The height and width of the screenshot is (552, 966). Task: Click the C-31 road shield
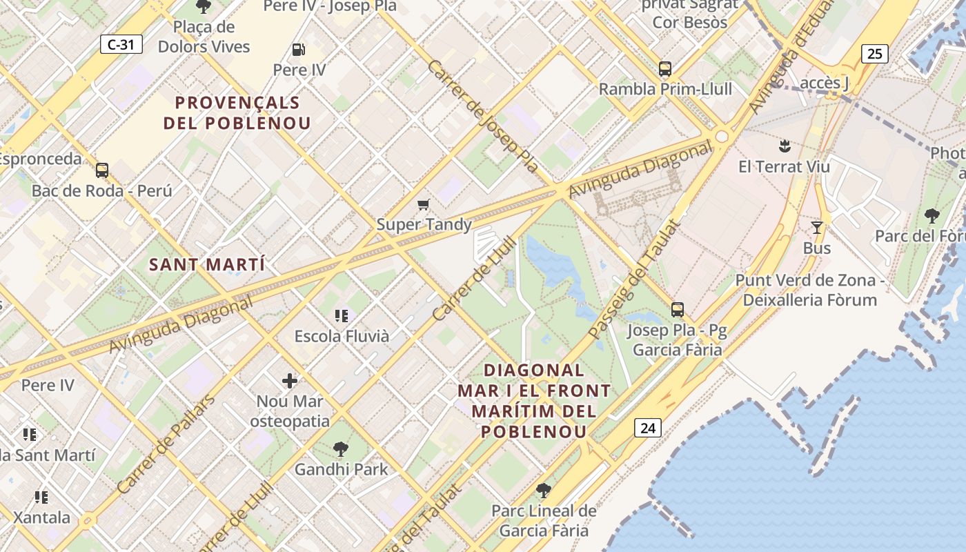click(121, 45)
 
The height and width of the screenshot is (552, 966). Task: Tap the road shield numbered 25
click(874, 53)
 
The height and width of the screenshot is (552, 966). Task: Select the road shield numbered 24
click(647, 428)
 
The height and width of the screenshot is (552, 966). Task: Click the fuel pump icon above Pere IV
click(299, 50)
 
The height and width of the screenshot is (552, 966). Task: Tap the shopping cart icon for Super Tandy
click(424, 204)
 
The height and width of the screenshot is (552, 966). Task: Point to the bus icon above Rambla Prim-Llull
click(665, 69)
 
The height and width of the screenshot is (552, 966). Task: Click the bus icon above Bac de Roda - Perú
click(102, 170)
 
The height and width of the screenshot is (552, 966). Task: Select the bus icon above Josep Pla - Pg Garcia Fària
click(678, 310)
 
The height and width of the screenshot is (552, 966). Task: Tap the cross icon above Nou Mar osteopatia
click(290, 380)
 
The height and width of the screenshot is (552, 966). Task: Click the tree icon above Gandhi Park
click(340, 449)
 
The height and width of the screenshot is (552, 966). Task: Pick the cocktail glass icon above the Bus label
click(817, 228)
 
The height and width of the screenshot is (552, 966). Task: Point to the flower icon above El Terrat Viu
click(784, 146)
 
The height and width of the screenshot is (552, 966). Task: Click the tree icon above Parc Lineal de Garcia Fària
click(544, 491)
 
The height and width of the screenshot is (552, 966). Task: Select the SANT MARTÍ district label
click(207, 264)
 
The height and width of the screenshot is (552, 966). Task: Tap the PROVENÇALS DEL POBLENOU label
click(237, 113)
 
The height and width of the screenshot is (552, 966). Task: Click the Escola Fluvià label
click(342, 336)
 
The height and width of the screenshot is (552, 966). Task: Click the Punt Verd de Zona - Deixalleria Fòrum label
click(809, 290)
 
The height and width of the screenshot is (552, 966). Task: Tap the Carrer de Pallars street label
click(166, 443)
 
